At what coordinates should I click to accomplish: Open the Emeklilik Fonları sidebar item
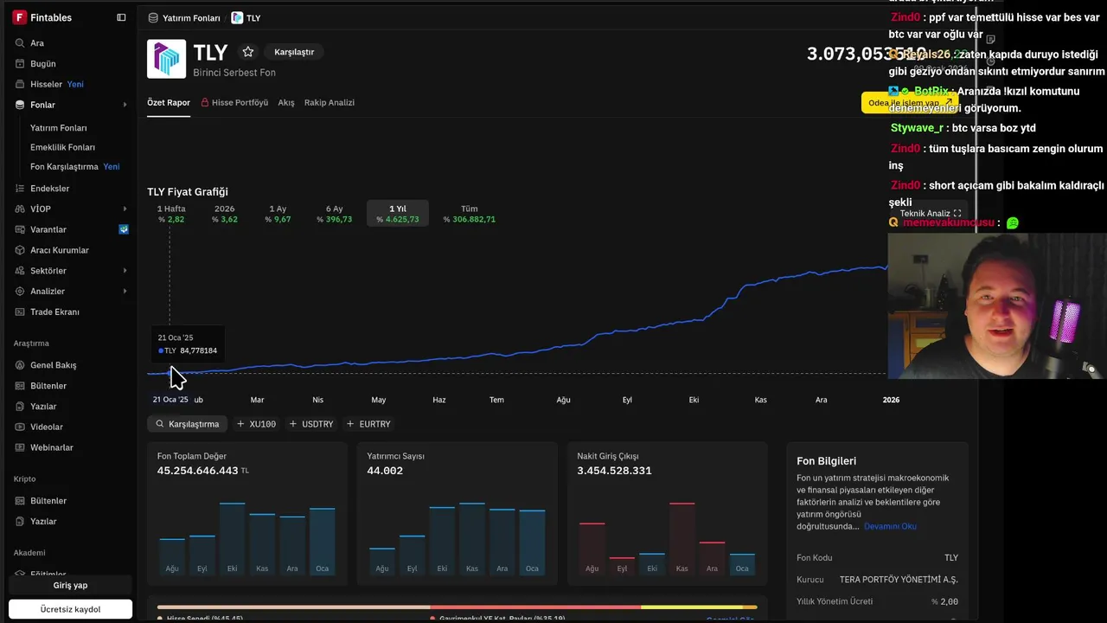coord(62,147)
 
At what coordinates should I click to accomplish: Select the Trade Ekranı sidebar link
coord(54,311)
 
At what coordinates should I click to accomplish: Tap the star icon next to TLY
coord(248,52)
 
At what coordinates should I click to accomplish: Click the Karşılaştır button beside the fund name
coord(294,52)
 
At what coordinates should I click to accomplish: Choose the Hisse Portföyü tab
coord(234,102)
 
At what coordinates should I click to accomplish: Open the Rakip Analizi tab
coord(329,102)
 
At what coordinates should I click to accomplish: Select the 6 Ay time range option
coord(334,213)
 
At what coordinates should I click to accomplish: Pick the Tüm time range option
coord(469,213)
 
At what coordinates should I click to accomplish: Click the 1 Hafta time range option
coord(171,213)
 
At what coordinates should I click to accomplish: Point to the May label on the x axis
coord(379,400)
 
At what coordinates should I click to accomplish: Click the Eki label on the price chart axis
coord(694,400)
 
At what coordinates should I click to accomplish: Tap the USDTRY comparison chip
coord(311,424)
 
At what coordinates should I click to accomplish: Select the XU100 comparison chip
coord(257,424)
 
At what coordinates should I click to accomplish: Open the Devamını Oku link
coord(890,526)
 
